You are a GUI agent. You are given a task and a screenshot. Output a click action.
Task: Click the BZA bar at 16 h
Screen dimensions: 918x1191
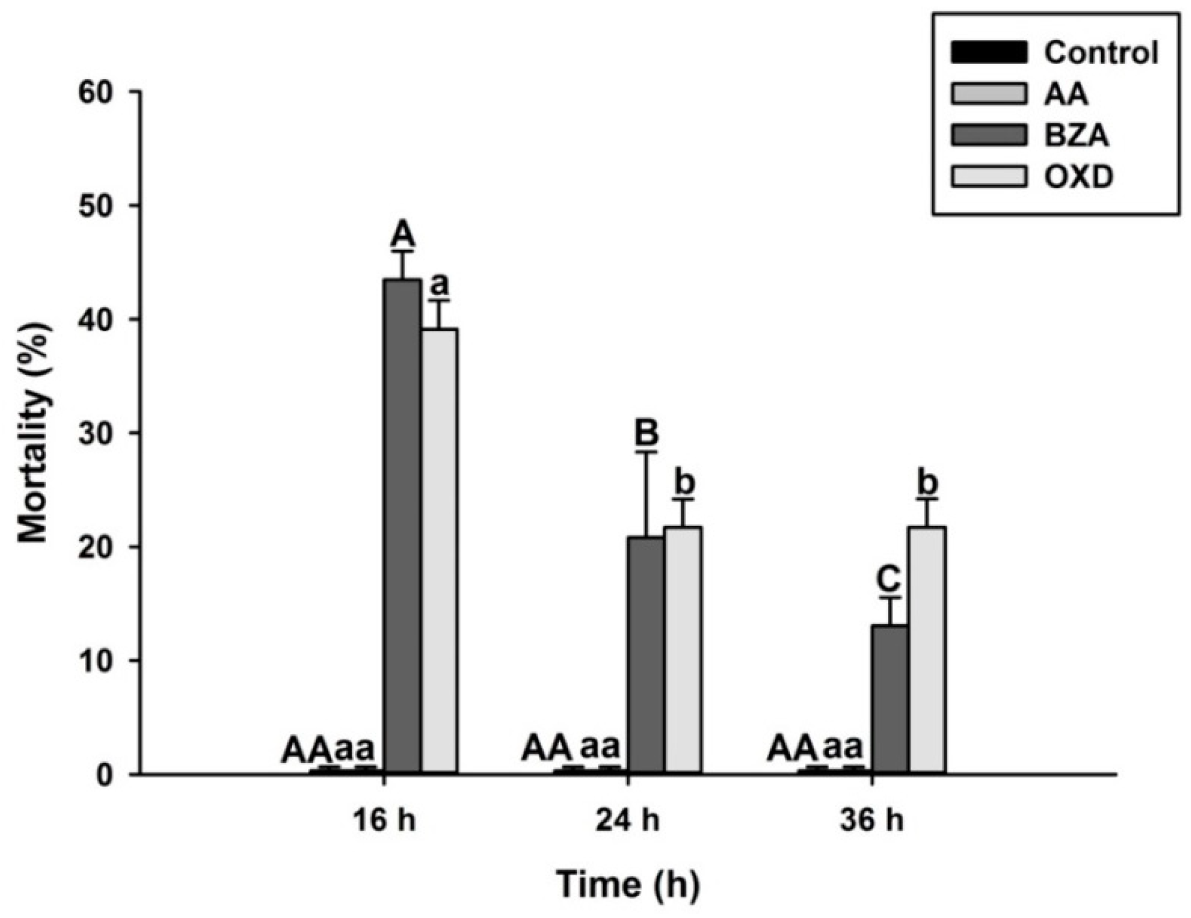(x=402, y=526)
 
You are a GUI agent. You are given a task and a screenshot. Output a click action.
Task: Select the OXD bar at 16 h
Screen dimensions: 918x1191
(x=438, y=551)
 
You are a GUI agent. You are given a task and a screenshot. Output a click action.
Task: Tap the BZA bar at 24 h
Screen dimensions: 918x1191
(x=646, y=655)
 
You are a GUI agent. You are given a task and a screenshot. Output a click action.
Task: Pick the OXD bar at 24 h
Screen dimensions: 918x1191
(x=683, y=650)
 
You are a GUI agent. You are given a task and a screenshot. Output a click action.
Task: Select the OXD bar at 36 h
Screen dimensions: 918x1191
(x=927, y=650)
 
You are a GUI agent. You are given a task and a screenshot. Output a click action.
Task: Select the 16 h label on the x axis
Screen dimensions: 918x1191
(x=384, y=821)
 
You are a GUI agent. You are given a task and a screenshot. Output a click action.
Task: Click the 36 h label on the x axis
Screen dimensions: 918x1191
(x=872, y=821)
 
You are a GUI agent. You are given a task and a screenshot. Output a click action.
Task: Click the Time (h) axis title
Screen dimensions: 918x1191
(x=628, y=885)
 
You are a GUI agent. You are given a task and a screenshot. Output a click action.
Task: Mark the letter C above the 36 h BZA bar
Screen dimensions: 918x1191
(x=889, y=579)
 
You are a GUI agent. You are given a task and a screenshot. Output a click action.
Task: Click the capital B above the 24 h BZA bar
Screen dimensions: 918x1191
(x=647, y=433)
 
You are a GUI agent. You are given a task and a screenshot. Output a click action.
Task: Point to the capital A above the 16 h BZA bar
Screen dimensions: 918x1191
(x=402, y=234)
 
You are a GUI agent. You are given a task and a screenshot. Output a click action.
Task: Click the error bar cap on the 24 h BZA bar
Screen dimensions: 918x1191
(x=647, y=452)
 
